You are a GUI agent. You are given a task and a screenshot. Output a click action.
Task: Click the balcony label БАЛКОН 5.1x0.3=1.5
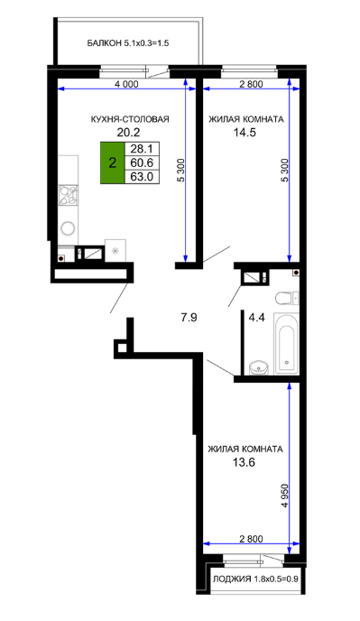[x=128, y=43]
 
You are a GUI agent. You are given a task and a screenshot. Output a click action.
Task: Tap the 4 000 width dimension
[x=126, y=84]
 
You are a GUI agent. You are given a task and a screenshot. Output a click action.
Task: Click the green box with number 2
[x=113, y=162]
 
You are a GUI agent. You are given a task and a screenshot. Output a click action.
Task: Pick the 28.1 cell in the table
[x=142, y=149]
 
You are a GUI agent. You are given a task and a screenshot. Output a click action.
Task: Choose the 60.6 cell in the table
[x=142, y=162]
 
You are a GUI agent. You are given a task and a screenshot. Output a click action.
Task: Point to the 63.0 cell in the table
[x=142, y=177]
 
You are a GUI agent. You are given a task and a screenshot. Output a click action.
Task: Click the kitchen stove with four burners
[x=68, y=196]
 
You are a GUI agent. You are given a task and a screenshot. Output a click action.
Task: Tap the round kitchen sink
[x=68, y=227]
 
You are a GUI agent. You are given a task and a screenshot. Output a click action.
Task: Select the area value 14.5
[x=244, y=133]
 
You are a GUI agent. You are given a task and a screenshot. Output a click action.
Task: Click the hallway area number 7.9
[x=189, y=317]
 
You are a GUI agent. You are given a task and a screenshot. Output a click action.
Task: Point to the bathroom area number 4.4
[x=256, y=317]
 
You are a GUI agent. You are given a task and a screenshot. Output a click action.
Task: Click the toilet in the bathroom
[x=287, y=298]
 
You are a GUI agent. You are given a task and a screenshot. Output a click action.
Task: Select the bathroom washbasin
[x=260, y=367]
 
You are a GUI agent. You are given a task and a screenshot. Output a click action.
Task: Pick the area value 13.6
[x=244, y=462]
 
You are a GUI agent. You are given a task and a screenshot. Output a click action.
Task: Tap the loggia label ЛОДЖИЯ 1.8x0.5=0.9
[x=255, y=579]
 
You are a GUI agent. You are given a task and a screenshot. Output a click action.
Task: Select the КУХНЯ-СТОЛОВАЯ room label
[x=130, y=119]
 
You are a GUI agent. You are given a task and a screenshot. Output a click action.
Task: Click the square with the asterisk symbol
[x=115, y=250]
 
